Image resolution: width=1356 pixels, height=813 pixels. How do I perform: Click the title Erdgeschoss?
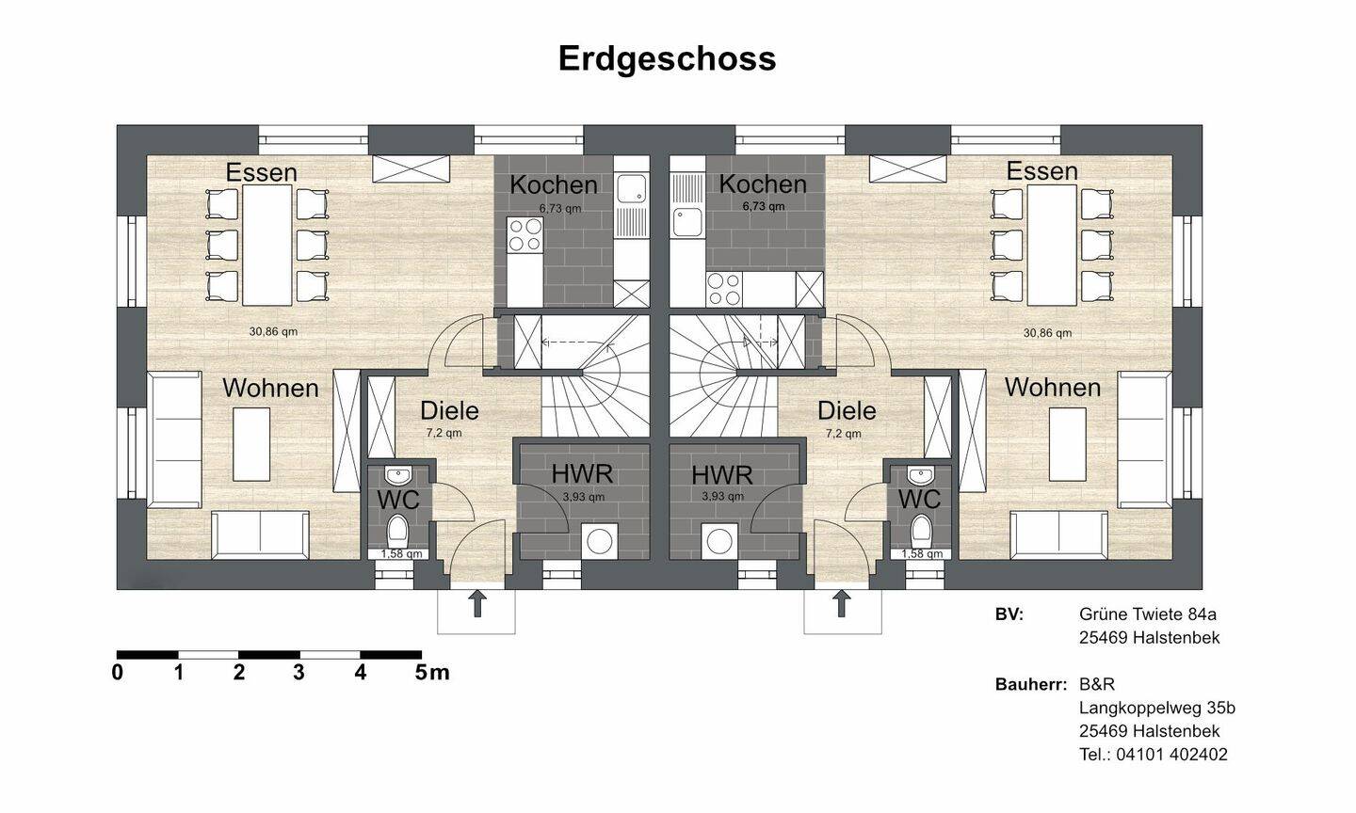[667, 57]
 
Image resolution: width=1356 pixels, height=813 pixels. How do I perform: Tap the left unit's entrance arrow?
[477, 603]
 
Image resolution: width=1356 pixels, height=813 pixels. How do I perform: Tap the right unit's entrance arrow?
[842, 603]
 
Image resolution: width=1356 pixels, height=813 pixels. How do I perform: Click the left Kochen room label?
[554, 184]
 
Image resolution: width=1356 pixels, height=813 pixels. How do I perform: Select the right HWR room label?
[722, 474]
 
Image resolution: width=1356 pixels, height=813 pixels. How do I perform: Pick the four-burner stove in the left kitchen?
[525, 235]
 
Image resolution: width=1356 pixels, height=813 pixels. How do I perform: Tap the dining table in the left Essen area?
[266, 245]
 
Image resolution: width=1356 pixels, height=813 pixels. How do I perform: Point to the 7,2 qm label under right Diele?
[843, 434]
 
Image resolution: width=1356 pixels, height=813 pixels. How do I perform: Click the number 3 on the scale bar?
[299, 673]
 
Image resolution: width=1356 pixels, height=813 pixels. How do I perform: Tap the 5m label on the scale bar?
[432, 673]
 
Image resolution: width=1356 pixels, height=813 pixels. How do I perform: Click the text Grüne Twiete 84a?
[1148, 614]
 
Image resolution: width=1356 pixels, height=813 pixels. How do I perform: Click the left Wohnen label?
[270, 388]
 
